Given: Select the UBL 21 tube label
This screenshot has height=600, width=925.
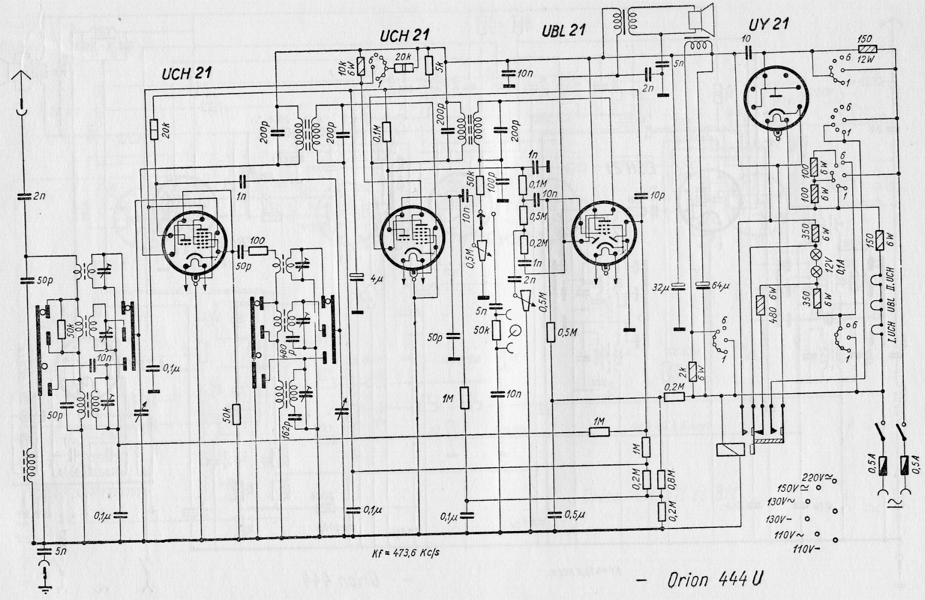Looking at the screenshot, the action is [563, 31].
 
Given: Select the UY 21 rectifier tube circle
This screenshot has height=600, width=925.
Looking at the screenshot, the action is [777, 99].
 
